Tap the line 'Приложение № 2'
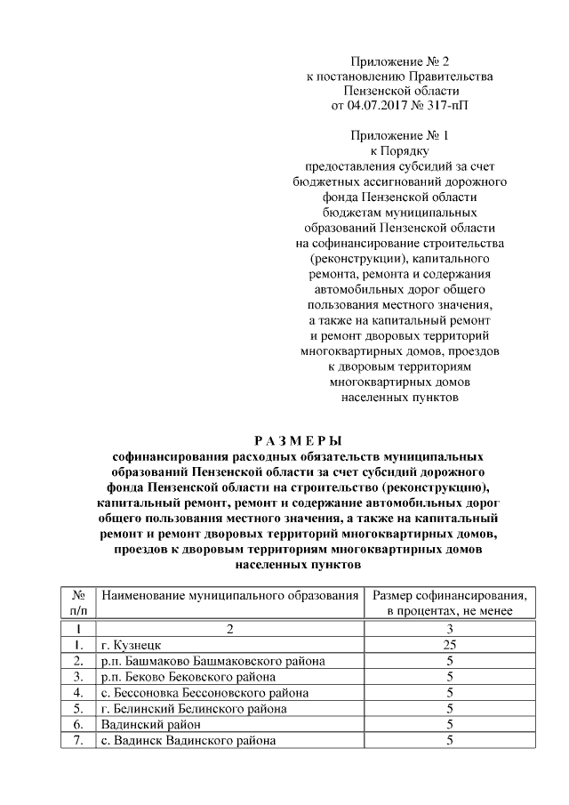click(x=399, y=61)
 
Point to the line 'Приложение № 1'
click(x=399, y=136)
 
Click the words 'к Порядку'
click(x=399, y=151)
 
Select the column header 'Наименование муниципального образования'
click(x=229, y=595)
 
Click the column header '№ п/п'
click(x=78, y=603)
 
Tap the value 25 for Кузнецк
click(x=451, y=644)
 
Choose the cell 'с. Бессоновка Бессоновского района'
click(x=205, y=692)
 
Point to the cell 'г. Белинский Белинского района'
click(x=195, y=708)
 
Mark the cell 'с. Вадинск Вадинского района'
click(x=188, y=740)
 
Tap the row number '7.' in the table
click(x=78, y=740)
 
